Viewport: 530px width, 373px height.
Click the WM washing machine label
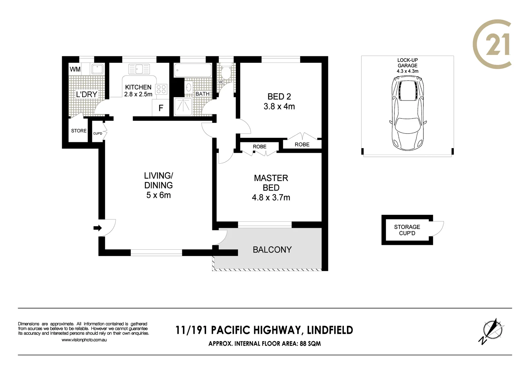click(75, 69)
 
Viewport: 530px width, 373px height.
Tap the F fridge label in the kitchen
click(161, 108)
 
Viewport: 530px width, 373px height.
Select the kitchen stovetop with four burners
click(161, 89)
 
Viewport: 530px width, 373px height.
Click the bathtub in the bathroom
click(193, 70)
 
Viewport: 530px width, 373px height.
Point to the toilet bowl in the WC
click(226, 73)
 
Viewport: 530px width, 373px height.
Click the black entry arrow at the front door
click(98, 228)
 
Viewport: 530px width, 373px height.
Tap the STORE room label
click(79, 131)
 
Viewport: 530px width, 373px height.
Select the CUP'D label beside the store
click(98, 133)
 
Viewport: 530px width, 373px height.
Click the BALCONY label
click(272, 249)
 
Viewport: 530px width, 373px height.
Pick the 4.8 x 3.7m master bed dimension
click(271, 198)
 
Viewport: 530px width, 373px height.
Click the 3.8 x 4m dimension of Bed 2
click(279, 106)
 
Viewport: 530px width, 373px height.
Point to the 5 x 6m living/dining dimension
click(158, 195)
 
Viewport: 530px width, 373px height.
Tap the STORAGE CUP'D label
click(407, 230)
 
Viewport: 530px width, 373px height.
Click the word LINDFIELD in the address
click(330, 330)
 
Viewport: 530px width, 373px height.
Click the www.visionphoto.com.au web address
click(84, 340)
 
